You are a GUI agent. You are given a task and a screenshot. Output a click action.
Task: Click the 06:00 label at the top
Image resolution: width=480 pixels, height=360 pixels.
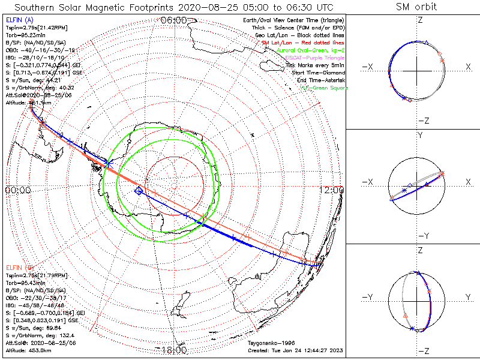coord(173,20)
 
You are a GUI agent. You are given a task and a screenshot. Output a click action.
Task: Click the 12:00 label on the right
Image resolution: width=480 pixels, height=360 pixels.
coord(333,190)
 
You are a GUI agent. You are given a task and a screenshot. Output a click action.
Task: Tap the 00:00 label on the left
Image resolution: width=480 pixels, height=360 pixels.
coord(17,190)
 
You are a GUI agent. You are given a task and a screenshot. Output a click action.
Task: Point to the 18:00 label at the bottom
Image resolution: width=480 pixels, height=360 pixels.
coord(173,350)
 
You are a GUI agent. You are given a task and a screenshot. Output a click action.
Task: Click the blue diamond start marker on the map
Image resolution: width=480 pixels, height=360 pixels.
coord(139,190)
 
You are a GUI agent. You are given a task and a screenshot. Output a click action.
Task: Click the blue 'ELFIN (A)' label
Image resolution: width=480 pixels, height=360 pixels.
coord(20,20)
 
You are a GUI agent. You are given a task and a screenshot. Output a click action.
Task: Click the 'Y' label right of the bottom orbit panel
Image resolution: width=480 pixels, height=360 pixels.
coord(467,297)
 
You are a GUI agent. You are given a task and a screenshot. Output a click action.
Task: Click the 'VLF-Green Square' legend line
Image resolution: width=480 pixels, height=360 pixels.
coord(325,88)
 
